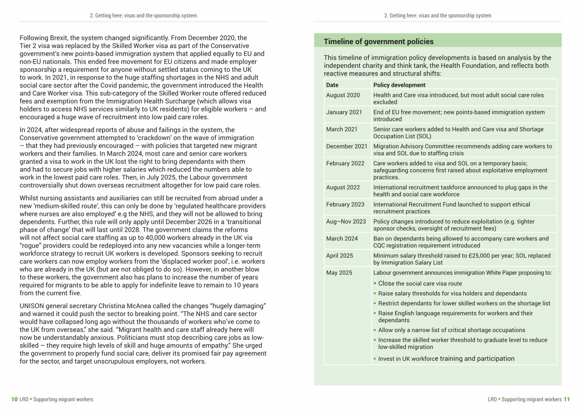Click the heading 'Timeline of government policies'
pos(379,42)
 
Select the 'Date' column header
pos(332,85)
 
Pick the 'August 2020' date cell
pos(343,95)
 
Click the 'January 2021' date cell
pos(344,112)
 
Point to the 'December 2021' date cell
pos(347,146)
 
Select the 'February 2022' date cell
pos(345,163)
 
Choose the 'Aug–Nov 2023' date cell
pos(346,222)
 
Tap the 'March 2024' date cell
pos(342,238)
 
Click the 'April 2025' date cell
pos(339,255)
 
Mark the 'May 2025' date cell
pos(339,273)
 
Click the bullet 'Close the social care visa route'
pos(420,284)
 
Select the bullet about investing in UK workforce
pos(446,359)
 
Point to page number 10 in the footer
pos(15,399)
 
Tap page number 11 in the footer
pos(566,399)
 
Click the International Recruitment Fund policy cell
pos(451,208)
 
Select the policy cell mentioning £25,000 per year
pos(462,259)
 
